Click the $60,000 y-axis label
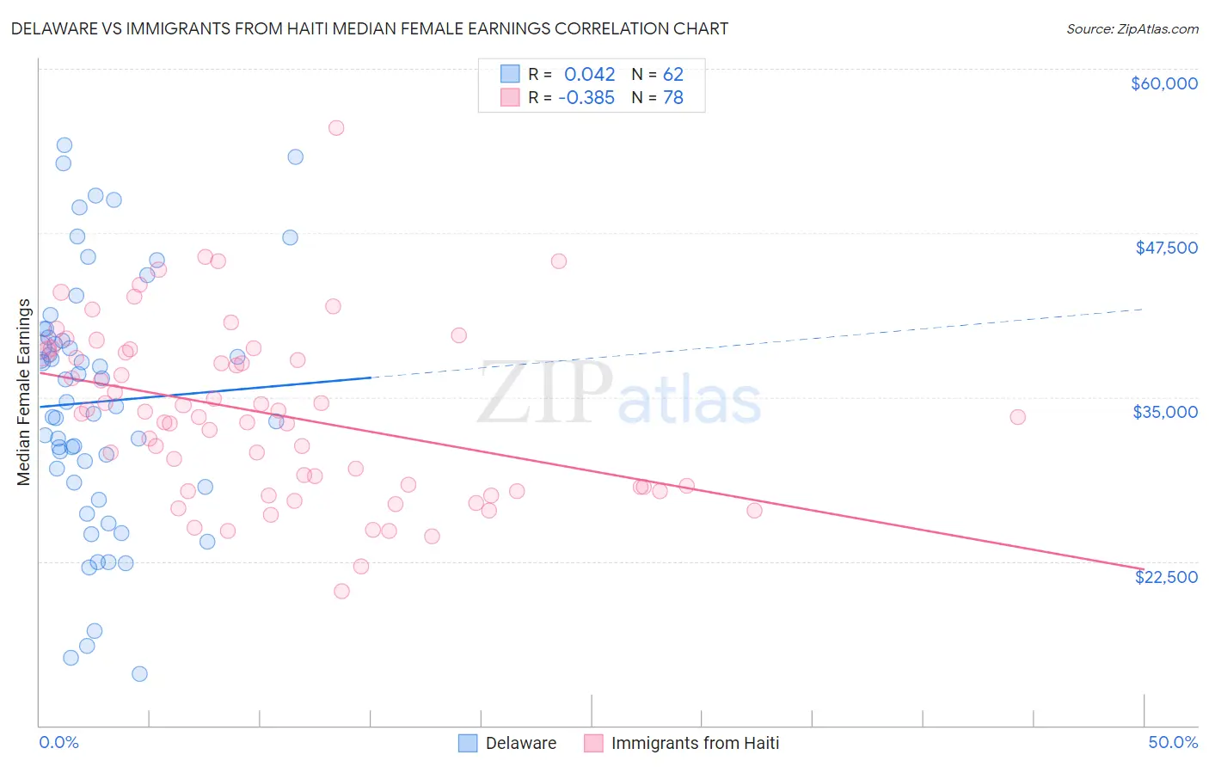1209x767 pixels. click(x=1163, y=83)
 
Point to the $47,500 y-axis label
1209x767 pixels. click(x=1166, y=248)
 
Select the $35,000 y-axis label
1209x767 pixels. click(x=1164, y=412)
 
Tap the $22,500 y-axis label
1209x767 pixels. click(x=1166, y=577)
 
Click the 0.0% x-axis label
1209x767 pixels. click(x=58, y=742)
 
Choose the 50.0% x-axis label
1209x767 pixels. click(x=1173, y=742)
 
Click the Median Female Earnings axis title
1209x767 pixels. click(x=24, y=392)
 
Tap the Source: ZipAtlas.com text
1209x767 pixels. click(x=1132, y=28)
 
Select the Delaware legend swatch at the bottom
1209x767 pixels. click(x=468, y=743)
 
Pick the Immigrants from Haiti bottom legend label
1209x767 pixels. click(x=695, y=743)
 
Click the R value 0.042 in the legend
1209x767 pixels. click(x=589, y=74)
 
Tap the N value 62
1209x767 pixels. click(x=672, y=74)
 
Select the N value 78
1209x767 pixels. click(x=672, y=98)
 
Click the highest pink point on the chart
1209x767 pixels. click(x=336, y=128)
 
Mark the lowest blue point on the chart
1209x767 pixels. click(x=139, y=673)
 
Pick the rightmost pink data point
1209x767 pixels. click(x=1017, y=417)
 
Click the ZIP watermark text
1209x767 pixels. click(x=544, y=393)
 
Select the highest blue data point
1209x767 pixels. click(x=64, y=145)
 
